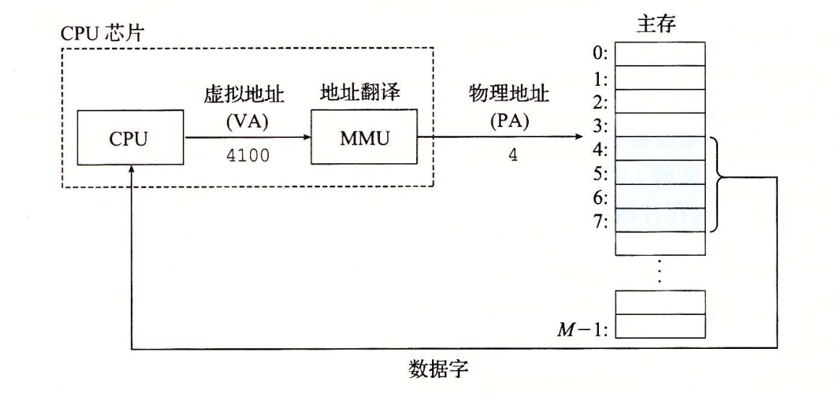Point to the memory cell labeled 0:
[660, 53]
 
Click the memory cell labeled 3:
[660, 124]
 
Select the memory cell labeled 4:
[660, 148]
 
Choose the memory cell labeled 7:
[660, 219]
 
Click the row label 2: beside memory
[601, 100]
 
